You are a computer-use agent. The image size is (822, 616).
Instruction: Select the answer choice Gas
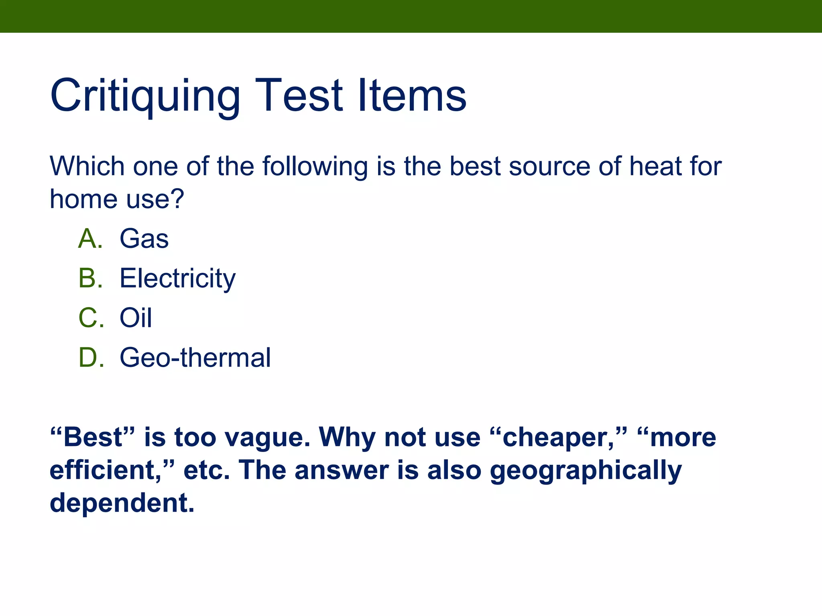tap(144, 239)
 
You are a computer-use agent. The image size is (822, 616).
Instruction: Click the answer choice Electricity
tap(177, 279)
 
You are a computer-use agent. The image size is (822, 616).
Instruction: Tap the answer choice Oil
tap(136, 318)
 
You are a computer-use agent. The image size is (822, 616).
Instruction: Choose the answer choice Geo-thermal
tap(195, 357)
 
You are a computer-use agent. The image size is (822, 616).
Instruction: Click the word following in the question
tap(315, 167)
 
